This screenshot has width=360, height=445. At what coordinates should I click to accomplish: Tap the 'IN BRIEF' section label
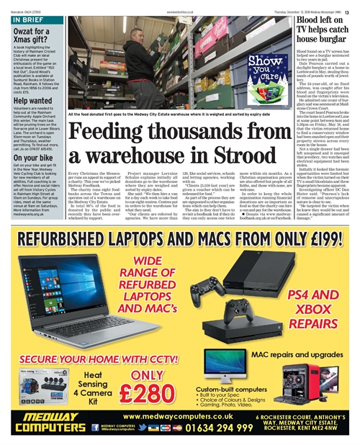click(29, 19)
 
